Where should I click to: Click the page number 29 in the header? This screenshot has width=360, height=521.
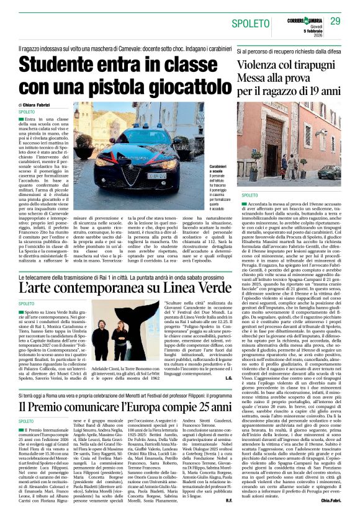pyautogui.click(x=335, y=22)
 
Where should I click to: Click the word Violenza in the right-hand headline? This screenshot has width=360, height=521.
pyautogui.click(x=261, y=66)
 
